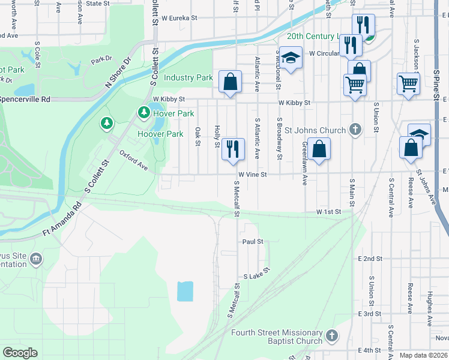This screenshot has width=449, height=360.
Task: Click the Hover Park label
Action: pos(174,113)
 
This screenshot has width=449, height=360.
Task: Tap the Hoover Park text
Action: pos(160,134)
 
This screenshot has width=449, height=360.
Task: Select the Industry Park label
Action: pos(188,77)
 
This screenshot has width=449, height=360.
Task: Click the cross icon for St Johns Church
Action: pos(355,129)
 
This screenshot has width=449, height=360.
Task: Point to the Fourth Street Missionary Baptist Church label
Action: pos(277,337)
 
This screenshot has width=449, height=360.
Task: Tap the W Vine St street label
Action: pos(252,175)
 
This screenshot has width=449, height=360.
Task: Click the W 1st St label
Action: pos(328,212)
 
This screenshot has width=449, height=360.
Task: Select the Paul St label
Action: pos(253,242)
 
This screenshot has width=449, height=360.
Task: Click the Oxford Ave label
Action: pos(133,160)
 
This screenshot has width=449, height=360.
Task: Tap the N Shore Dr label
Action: pos(118,73)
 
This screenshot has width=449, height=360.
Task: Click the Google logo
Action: pos(20,352)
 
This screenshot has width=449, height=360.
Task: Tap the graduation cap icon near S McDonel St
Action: pos(291,58)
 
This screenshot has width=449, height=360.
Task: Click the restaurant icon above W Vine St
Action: pos(232,148)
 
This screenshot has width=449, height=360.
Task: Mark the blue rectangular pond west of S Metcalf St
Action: pos(185,292)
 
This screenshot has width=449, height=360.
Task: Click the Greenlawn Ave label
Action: pos(305,162)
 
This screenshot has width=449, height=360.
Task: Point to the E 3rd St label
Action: pos(369,314)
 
